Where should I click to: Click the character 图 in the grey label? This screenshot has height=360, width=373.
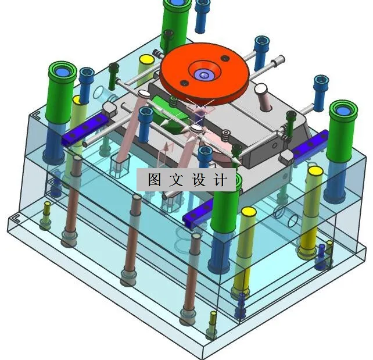pos(155,180)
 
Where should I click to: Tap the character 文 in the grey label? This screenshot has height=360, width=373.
pos(176,180)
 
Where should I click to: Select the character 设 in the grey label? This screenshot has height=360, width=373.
pos(199,180)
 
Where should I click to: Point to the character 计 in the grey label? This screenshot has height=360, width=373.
pos(220,180)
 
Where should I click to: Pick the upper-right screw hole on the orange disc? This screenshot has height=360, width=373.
pos(225,58)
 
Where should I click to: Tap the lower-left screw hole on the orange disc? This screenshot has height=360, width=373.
pos(184,83)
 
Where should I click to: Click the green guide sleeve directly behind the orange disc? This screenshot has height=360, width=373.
pos(175,25)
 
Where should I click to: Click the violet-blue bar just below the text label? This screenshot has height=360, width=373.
pos(198,214)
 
